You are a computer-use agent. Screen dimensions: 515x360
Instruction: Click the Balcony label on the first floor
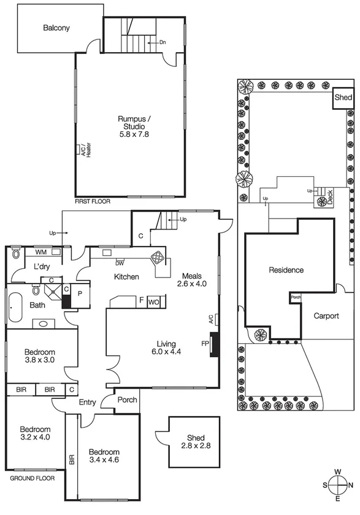(56, 28)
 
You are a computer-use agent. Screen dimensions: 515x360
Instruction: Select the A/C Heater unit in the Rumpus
(79, 150)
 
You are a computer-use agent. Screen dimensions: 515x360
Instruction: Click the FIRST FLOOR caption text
(93, 201)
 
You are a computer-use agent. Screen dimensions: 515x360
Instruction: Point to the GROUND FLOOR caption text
(33, 478)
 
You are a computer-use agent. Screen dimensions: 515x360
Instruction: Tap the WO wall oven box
(153, 301)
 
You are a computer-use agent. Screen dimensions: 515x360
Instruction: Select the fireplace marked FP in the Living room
(213, 344)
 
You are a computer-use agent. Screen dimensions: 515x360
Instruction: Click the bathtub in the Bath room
(13, 304)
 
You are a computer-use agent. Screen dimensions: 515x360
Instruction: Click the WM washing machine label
(40, 252)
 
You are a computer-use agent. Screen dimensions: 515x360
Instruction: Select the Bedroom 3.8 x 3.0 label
(40, 356)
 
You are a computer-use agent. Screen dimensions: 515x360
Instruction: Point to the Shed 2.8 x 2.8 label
(188, 441)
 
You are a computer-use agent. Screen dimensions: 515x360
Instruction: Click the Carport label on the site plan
(326, 316)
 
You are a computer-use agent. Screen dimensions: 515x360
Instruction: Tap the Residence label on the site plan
(285, 269)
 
